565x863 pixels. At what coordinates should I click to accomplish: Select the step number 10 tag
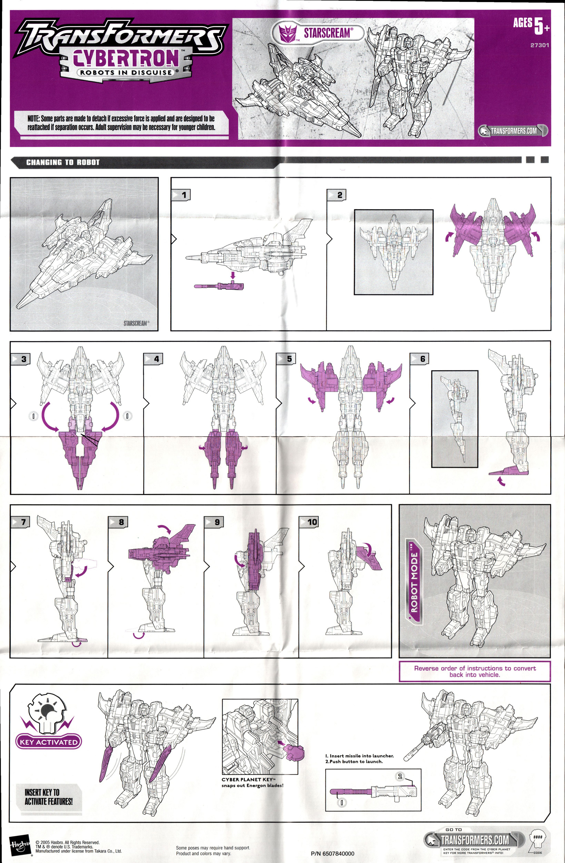coord(309,522)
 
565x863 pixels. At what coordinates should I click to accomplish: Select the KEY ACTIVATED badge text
coord(49,742)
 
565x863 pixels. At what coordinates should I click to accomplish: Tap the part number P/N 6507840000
coord(332,853)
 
